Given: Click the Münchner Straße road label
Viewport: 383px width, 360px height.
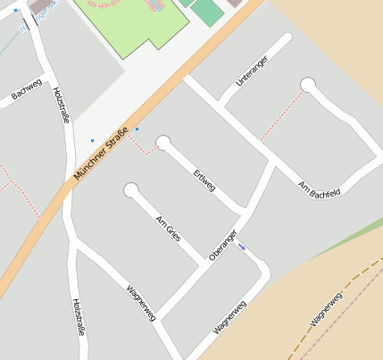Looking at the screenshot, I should point(104,154).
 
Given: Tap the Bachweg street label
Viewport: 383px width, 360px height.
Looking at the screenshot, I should point(27,89).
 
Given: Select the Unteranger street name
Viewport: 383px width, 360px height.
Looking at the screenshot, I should point(251,70).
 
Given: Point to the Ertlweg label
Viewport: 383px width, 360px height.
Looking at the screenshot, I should point(204,179).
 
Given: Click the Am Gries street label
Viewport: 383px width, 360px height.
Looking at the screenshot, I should point(168,229).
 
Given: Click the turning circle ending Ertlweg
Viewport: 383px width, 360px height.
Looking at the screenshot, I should point(163,143).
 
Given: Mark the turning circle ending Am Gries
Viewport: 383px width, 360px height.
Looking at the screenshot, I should point(132,190).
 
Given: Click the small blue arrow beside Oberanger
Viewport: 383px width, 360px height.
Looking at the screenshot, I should point(242,247).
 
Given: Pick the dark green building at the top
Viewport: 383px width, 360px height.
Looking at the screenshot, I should point(207,12).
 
